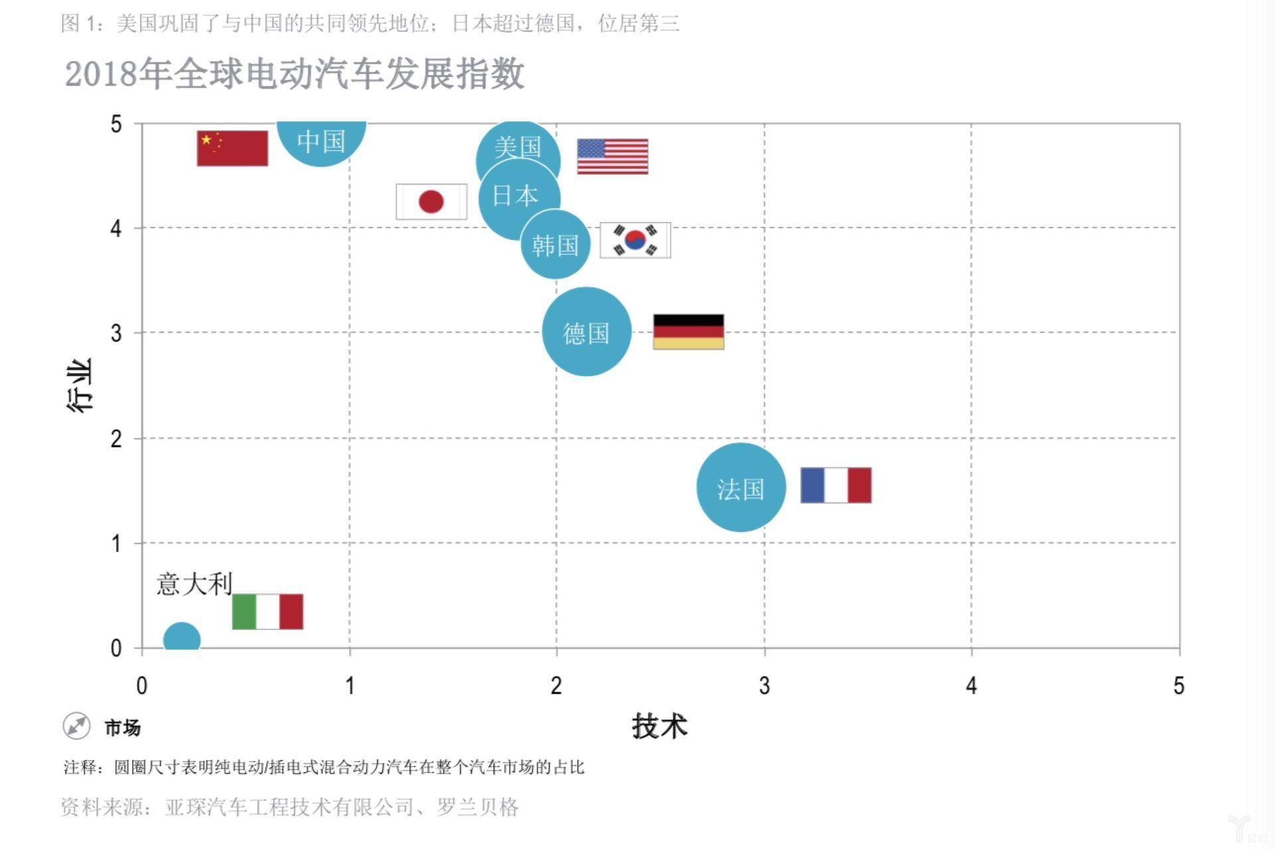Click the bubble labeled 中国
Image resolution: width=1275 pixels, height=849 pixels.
[321, 140]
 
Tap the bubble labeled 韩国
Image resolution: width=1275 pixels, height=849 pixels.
[556, 245]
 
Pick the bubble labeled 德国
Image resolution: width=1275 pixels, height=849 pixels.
[586, 332]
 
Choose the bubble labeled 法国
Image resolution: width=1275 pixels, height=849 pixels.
[741, 488]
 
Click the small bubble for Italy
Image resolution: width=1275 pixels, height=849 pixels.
[181, 638]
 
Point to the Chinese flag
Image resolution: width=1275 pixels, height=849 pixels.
[232, 148]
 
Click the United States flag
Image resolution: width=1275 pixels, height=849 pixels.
[612, 157]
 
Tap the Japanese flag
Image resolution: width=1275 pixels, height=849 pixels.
[431, 201]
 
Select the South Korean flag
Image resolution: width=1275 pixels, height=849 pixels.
[635, 240]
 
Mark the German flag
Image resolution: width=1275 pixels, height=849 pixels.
[689, 331]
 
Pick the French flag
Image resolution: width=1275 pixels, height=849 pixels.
[835, 485]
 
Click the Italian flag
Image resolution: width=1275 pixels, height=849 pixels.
[268, 611]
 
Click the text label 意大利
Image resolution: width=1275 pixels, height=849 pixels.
[194, 584]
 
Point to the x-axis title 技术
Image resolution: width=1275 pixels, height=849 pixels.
[659, 725]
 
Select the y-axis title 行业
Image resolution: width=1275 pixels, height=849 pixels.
[80, 385]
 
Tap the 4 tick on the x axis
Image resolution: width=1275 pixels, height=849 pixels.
[972, 686]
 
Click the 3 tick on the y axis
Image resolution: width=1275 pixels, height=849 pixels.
[116, 333]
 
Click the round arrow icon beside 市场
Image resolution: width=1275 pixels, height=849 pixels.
[76, 726]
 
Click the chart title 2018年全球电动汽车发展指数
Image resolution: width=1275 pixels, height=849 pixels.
[295, 73]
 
